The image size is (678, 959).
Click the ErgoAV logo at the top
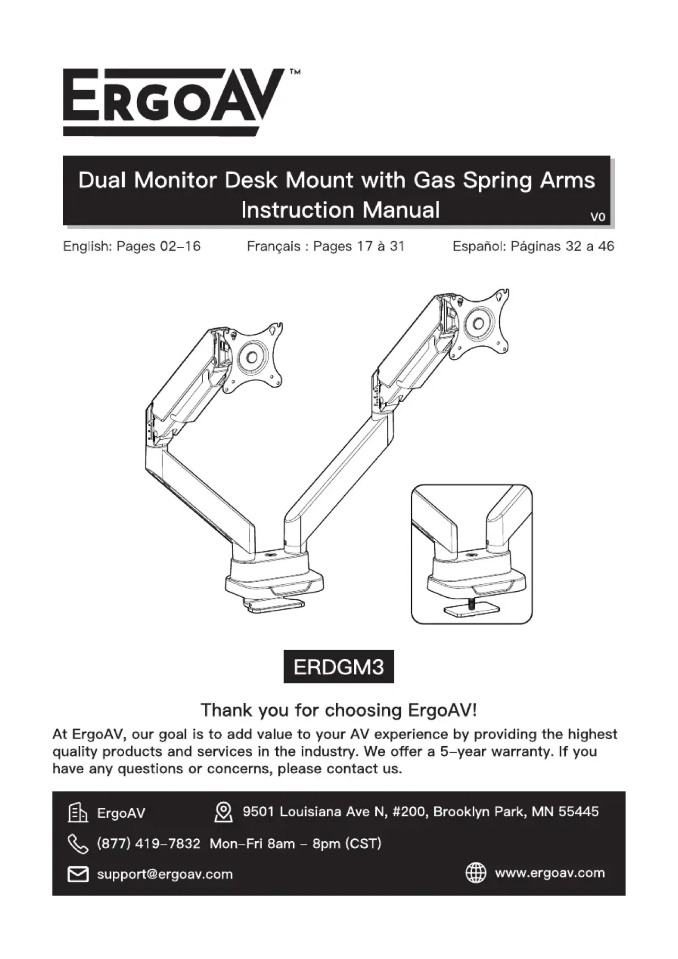tap(171, 103)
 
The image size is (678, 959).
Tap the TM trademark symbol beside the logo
tap(295, 72)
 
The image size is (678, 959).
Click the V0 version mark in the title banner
tap(597, 217)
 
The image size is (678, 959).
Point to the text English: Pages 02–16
tap(132, 246)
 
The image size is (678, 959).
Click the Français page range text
tap(325, 246)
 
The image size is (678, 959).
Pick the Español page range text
tap(533, 246)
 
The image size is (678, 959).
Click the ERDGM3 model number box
tap(339, 667)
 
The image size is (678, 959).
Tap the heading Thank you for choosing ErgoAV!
tap(339, 710)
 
